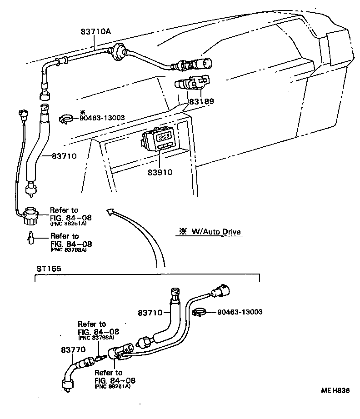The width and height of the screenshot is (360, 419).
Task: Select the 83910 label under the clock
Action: pos(160,173)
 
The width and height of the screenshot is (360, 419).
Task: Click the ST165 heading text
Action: pos(49,268)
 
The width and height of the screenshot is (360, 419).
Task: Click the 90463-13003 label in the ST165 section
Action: pos(240,312)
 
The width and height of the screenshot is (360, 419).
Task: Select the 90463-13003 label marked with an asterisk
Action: pos(103,118)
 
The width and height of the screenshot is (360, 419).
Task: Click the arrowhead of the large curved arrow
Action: pos(109,210)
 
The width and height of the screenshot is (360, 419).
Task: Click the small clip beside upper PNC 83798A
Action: pos(30,238)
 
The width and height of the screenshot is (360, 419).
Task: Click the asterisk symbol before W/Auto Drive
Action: pos(183,232)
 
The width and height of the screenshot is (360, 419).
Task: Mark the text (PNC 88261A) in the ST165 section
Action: pos(112,386)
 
